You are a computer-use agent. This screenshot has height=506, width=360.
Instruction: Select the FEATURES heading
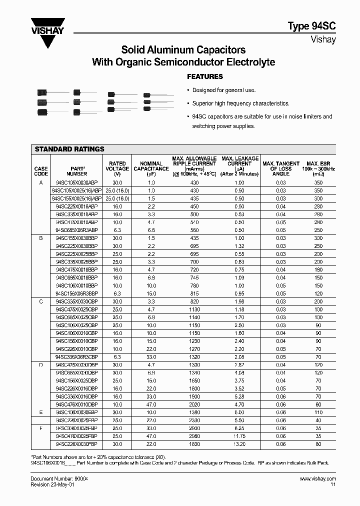[x=204, y=76]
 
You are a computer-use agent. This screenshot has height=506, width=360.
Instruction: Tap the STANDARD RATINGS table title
[x=69, y=149]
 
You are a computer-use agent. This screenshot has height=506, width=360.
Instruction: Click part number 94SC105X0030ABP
[x=76, y=183]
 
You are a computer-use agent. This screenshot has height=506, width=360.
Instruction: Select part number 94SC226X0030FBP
[x=76, y=444]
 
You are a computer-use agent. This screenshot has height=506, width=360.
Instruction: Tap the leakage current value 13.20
[x=239, y=444]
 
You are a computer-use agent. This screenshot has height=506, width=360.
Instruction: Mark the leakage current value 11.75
[x=239, y=436]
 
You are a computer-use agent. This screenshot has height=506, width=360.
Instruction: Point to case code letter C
[x=41, y=302]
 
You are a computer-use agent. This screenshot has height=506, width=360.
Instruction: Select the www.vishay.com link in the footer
[x=317, y=478]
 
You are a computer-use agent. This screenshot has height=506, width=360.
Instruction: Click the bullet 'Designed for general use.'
[x=223, y=90]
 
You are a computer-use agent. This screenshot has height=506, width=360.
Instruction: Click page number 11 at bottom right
[x=333, y=484]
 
